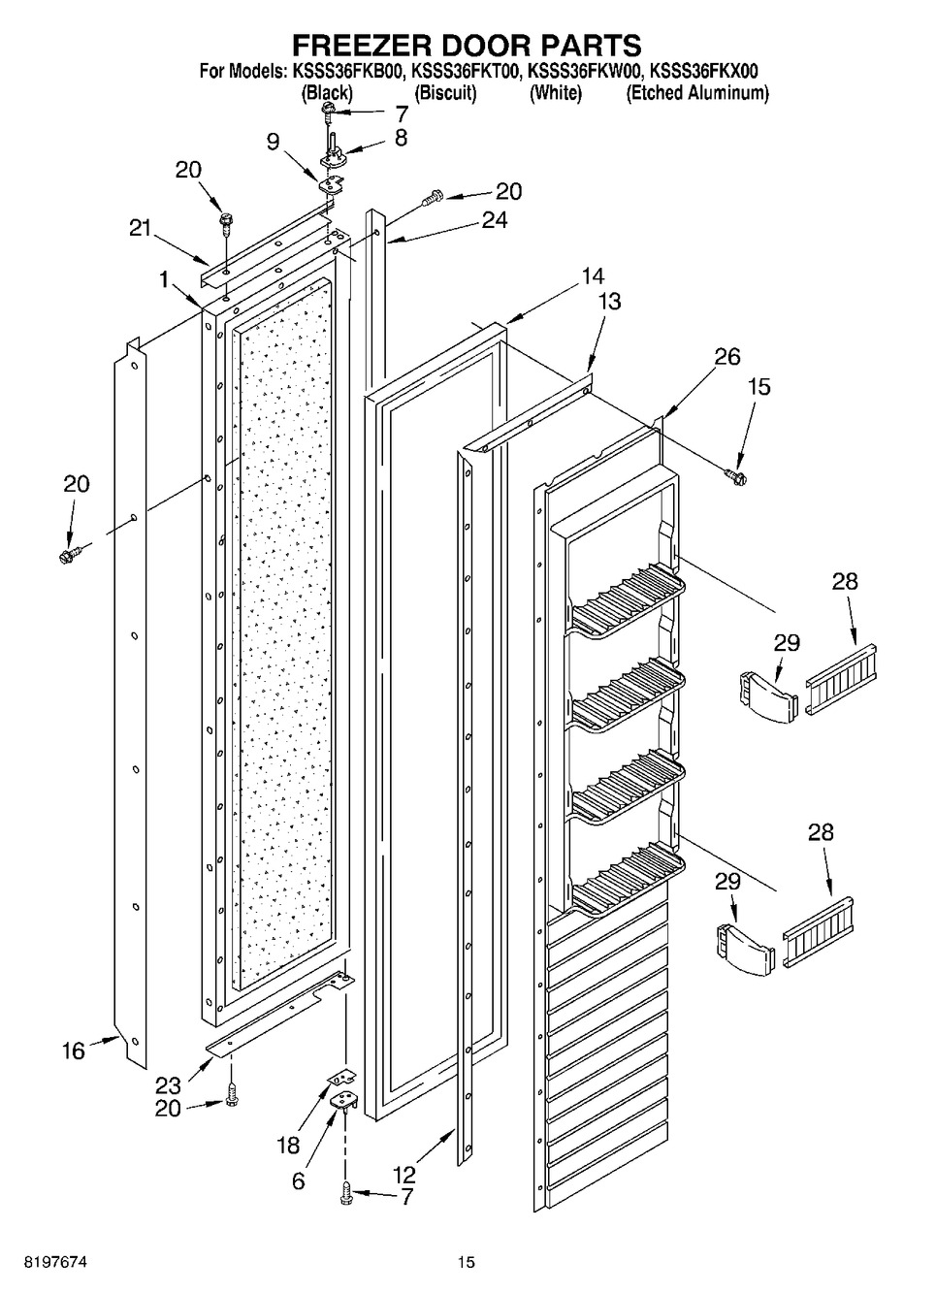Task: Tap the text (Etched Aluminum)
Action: [697, 93]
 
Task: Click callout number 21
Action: [141, 228]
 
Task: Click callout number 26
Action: [727, 357]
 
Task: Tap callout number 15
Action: [760, 387]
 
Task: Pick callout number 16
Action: [74, 1051]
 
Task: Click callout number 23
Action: [168, 1085]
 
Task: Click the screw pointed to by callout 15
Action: [735, 476]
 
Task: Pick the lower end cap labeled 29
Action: [744, 949]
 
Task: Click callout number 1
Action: [166, 280]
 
